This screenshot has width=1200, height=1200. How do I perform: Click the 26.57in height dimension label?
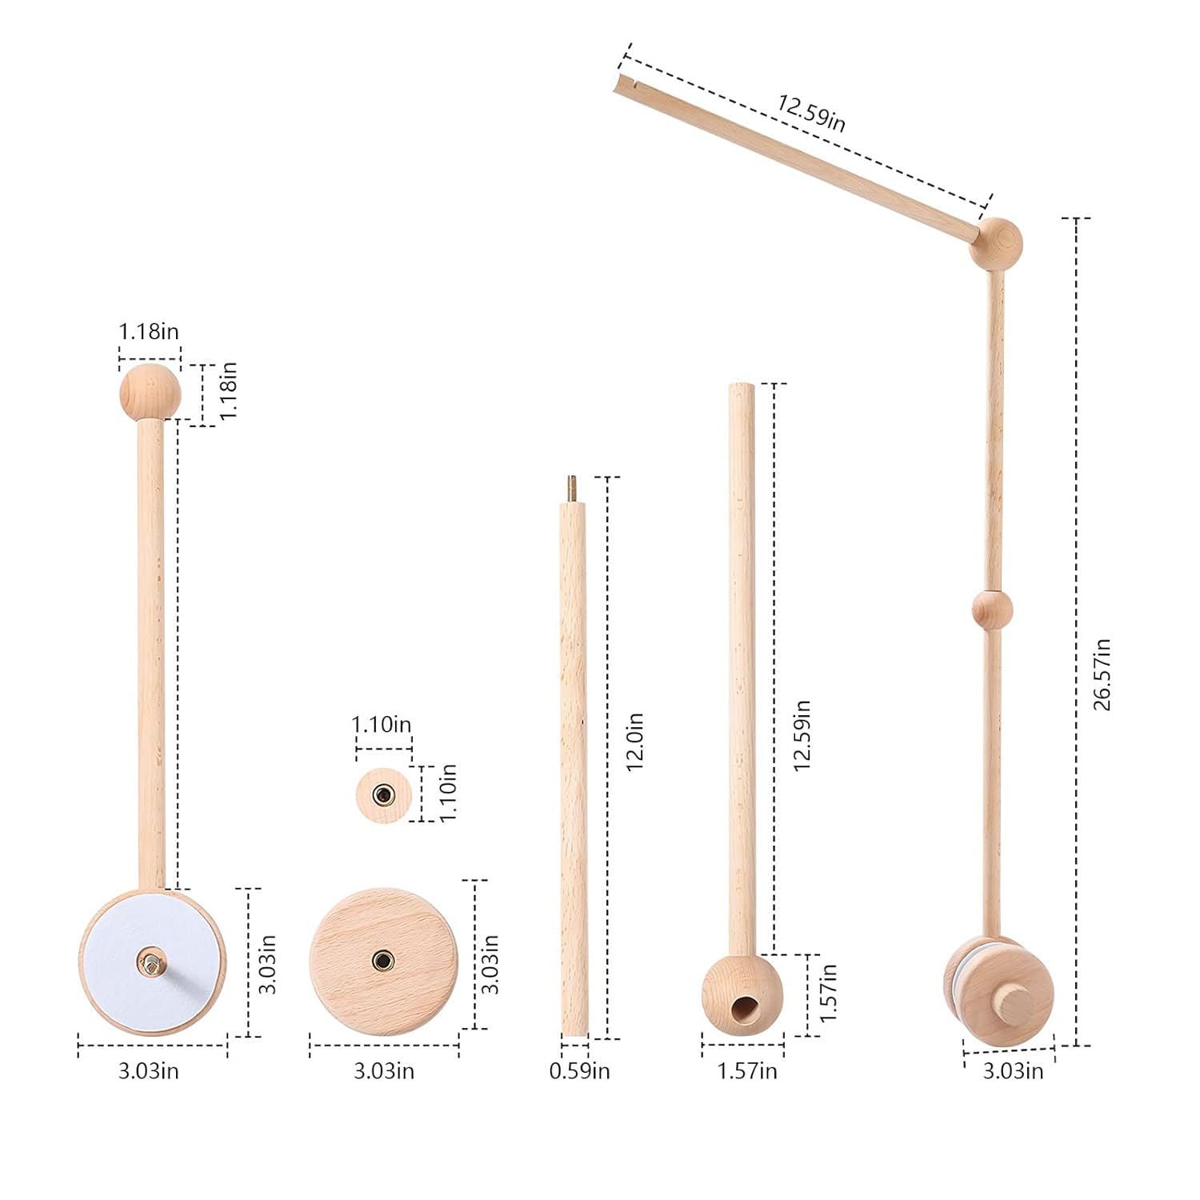click(x=1102, y=674)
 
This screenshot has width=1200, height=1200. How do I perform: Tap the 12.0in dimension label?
click(x=634, y=742)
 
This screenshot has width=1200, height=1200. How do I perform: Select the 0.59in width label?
click(x=579, y=1070)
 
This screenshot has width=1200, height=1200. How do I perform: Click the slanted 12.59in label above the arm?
click(x=810, y=111)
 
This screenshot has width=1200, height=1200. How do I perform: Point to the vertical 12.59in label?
click(x=802, y=734)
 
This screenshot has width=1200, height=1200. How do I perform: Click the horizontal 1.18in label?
click(x=149, y=331)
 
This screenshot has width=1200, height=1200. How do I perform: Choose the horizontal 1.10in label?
click(x=382, y=725)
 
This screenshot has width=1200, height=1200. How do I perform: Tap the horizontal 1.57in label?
click(x=746, y=1070)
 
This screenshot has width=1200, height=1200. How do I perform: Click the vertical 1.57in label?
click(x=829, y=992)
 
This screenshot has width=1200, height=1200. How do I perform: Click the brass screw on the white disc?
click(x=151, y=959)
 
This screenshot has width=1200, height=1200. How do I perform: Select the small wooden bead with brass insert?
click(x=384, y=795)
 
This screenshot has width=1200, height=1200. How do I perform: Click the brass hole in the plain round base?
click(x=383, y=959)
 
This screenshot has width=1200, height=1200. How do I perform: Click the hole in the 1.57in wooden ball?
click(x=745, y=1010)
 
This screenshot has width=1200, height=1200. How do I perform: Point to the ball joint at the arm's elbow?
click(x=996, y=242)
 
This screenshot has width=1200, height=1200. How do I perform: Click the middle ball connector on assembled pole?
click(x=992, y=610)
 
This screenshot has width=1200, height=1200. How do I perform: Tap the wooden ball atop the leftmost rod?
click(x=150, y=392)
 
